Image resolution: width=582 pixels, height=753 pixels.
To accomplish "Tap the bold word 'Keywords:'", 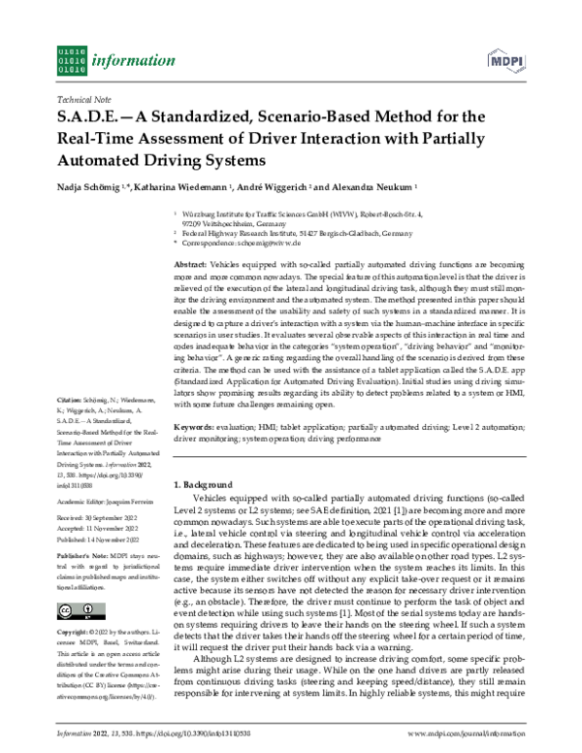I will [x=194, y=427].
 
